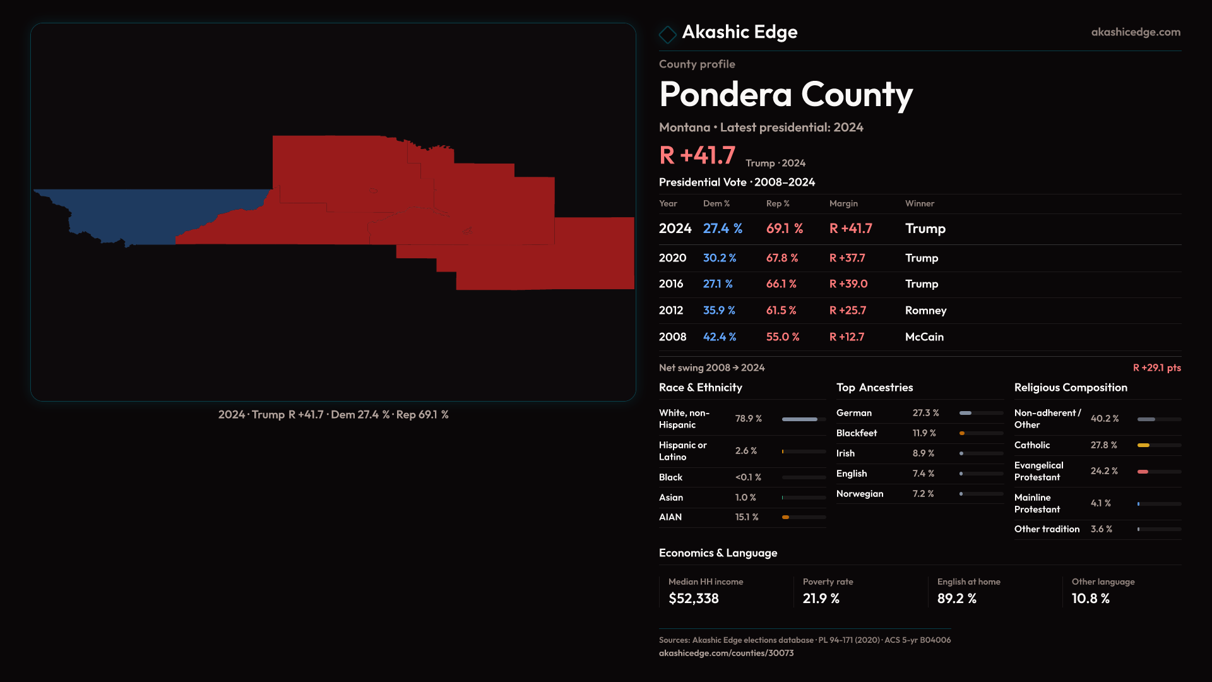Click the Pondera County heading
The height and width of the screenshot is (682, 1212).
point(785,95)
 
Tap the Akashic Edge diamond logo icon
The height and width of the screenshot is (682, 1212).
point(667,34)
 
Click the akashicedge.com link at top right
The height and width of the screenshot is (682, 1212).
point(1135,32)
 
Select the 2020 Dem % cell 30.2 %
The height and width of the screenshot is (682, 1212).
point(720,258)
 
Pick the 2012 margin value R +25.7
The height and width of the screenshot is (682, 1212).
point(847,311)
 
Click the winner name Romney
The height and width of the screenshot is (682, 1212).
point(925,311)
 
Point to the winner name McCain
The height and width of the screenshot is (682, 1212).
point(924,337)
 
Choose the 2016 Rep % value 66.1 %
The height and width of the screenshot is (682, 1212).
point(781,284)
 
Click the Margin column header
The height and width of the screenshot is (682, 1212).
point(843,203)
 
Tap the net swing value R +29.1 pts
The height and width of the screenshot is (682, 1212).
point(1156,368)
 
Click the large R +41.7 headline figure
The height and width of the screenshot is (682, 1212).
point(697,155)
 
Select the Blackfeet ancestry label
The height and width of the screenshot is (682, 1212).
point(856,433)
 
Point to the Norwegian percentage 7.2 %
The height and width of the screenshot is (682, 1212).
point(923,494)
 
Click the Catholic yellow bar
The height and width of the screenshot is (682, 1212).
point(1143,445)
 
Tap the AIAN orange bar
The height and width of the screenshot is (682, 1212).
point(785,517)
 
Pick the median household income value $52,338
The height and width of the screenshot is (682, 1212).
point(693,599)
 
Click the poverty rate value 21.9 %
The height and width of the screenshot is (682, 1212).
point(821,599)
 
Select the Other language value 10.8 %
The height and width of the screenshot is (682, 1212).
point(1090,599)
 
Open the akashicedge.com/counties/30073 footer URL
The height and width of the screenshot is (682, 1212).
point(726,653)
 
